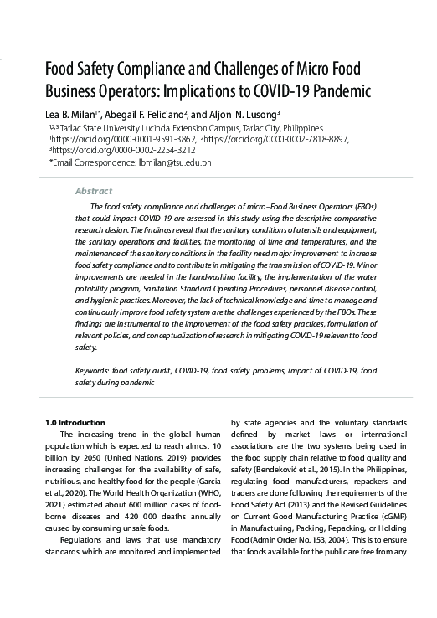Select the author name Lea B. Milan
pos(73,113)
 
